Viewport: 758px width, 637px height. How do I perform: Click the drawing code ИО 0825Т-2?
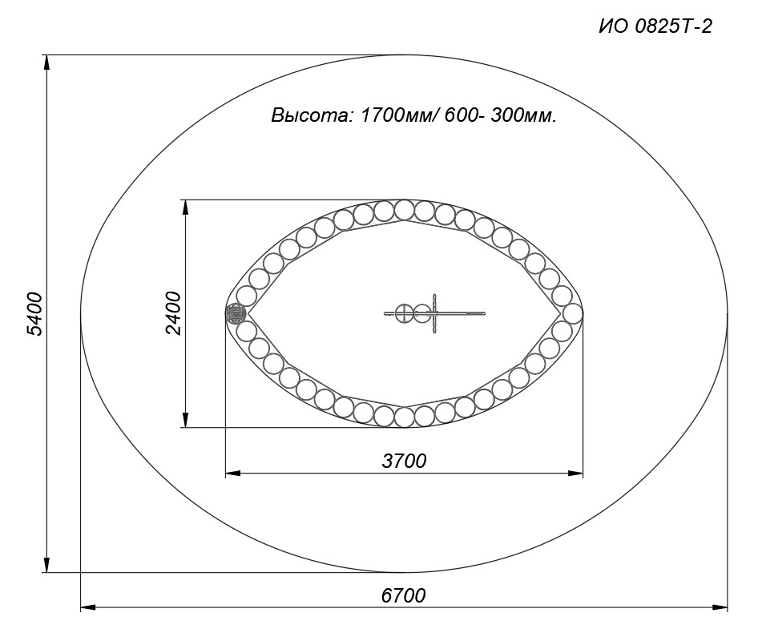click(655, 26)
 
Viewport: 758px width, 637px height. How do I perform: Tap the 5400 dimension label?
click(35, 313)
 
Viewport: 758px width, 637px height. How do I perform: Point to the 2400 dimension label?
click(172, 313)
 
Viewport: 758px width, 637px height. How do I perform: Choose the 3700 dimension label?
click(404, 461)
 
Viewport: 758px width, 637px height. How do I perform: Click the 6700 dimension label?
click(404, 595)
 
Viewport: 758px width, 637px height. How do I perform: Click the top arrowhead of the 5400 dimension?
click(47, 62)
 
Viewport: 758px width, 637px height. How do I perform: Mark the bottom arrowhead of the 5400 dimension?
click(47, 565)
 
